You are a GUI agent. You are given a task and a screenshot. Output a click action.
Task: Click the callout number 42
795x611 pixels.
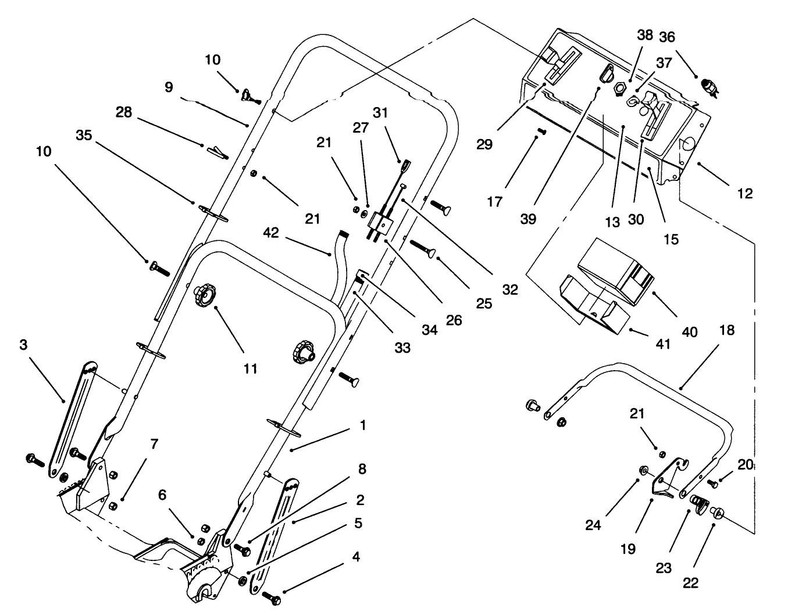271,233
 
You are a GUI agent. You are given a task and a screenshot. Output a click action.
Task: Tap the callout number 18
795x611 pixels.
726,331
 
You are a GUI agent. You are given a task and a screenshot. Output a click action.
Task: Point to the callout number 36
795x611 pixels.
666,37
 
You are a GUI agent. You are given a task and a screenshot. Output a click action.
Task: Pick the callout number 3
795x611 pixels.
23,345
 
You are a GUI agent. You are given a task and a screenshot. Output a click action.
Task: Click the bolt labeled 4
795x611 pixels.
271,598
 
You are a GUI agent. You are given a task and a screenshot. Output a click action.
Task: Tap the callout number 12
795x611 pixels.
744,194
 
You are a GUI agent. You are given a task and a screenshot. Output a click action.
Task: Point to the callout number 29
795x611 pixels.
484,144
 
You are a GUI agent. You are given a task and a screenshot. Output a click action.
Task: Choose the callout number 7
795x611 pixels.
154,445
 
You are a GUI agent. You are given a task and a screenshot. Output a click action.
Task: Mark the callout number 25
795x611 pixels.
484,303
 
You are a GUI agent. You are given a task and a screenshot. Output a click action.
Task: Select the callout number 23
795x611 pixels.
664,567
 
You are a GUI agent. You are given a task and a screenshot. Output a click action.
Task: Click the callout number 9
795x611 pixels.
169,87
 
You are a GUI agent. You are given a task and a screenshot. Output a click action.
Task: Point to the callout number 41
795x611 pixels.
663,344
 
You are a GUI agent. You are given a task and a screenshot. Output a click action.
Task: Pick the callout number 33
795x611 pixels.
402,347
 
